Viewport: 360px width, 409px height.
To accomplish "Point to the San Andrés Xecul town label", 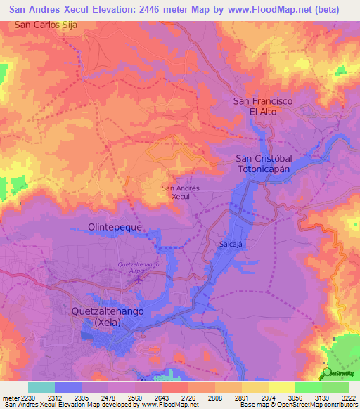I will click(x=181, y=193).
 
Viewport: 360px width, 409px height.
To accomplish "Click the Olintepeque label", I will click(x=115, y=228).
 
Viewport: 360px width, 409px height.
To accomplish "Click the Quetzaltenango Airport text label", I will click(x=137, y=268).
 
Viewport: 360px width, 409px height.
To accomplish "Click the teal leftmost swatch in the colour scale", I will click(x=41, y=387).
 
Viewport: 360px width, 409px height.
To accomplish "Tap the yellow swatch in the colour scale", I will click(x=281, y=387).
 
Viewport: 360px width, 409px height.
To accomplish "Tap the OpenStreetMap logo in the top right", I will click(x=341, y=70).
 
